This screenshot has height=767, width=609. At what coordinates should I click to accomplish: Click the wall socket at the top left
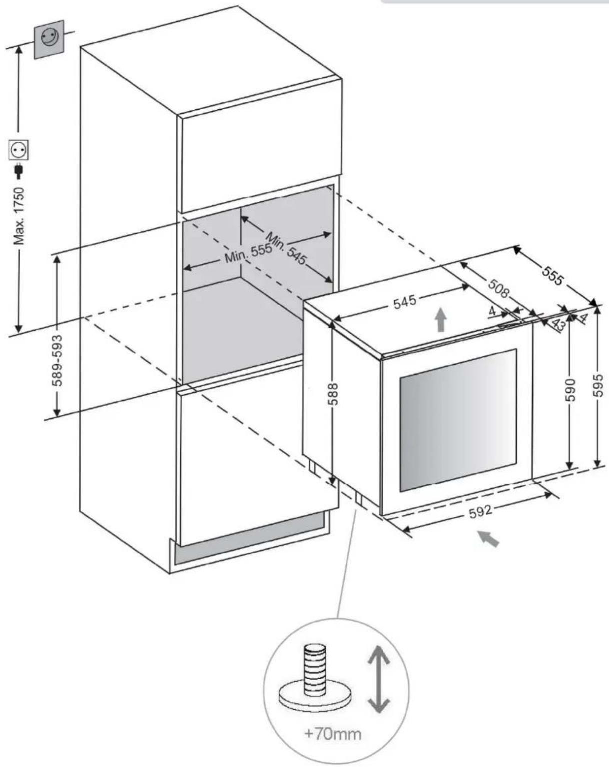[49, 39]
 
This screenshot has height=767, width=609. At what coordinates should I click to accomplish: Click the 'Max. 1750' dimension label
[19, 216]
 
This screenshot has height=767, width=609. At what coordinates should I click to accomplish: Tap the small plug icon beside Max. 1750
[19, 170]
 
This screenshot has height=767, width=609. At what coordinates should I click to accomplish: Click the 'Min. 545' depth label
[286, 248]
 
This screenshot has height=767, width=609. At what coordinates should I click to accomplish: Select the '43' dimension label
[558, 325]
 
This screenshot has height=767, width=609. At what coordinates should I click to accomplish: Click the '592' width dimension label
[480, 510]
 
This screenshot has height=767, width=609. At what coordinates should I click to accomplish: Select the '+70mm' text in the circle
[333, 734]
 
